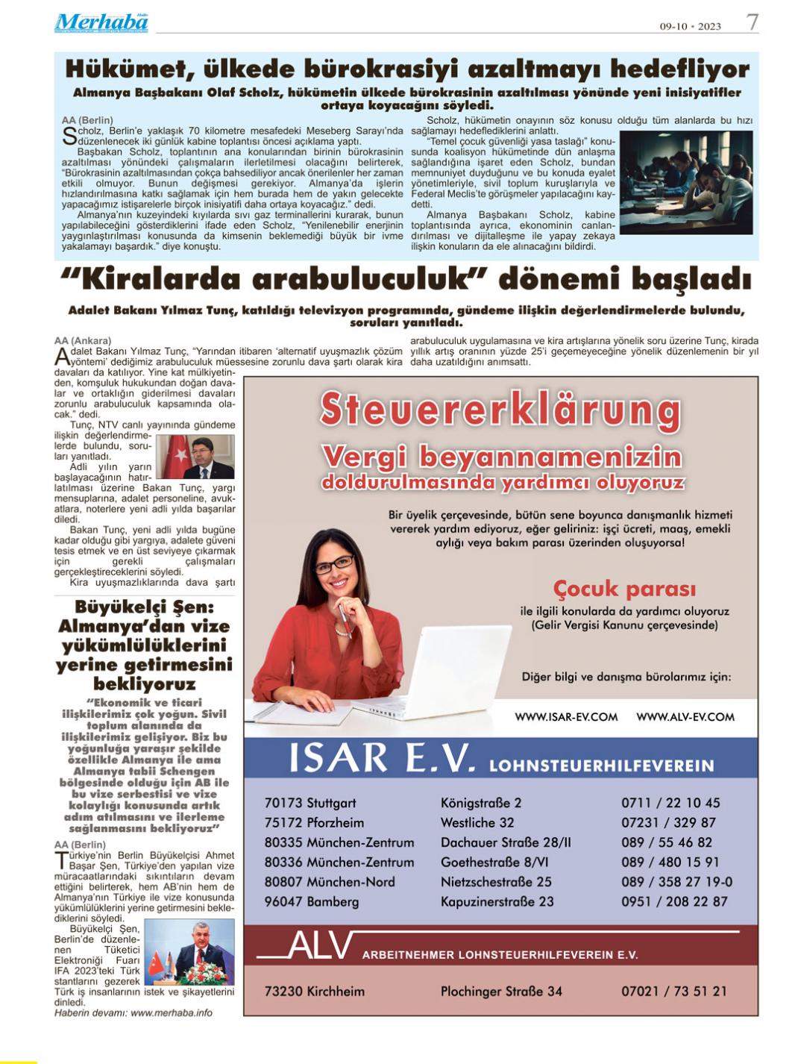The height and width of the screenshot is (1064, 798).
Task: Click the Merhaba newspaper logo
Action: pos(101,22)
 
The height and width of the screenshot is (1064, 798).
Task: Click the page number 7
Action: pos(753,22)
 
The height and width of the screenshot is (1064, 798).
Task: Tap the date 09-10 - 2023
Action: pos(690,26)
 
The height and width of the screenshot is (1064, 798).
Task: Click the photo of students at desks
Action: pos(686,183)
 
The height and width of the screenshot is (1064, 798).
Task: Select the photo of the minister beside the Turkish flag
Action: pos(195,457)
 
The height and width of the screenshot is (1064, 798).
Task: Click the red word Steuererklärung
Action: pos(500,410)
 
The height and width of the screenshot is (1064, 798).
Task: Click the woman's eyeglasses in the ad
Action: pos(334,564)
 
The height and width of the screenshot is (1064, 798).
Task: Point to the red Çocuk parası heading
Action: pos(624,589)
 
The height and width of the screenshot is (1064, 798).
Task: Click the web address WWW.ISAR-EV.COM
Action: pos(566,717)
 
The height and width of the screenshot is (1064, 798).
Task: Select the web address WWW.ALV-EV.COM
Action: pos(685,717)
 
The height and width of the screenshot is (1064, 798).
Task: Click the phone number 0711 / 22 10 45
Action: pos(670,803)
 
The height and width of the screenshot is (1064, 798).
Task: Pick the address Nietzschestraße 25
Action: pos(496,882)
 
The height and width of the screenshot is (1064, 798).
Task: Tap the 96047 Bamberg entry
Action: pos(312,901)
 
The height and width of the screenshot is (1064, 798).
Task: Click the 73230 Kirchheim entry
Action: pos(315,992)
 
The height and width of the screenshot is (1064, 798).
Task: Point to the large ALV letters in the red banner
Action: pos(319,946)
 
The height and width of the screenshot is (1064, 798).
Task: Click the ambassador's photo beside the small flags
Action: pos(189,953)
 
